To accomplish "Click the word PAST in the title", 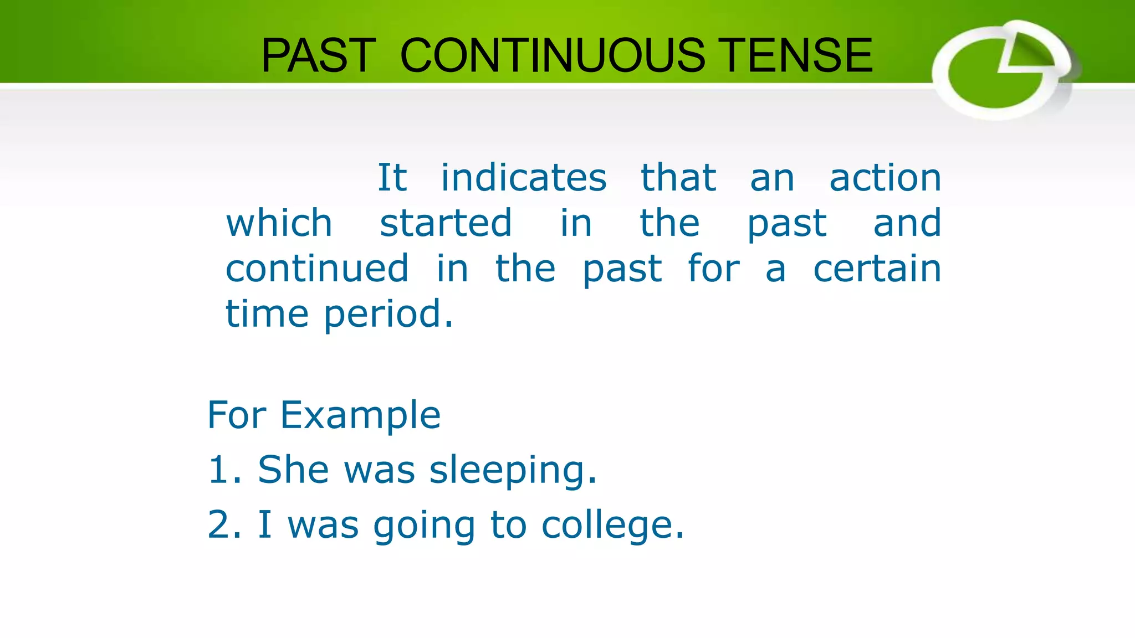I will [x=319, y=55].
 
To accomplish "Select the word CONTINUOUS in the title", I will [x=553, y=55].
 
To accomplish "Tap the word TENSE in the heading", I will [x=798, y=55].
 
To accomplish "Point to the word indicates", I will [x=524, y=178].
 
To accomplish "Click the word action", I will [x=885, y=178].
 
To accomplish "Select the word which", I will [x=279, y=223].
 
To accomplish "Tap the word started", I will [x=446, y=223].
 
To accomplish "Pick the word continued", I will [x=317, y=269].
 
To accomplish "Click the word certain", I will [x=877, y=269].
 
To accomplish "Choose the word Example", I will [x=360, y=415].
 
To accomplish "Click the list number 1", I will [x=220, y=470].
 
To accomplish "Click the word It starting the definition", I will [x=392, y=178].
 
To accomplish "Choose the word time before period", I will [x=267, y=314].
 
